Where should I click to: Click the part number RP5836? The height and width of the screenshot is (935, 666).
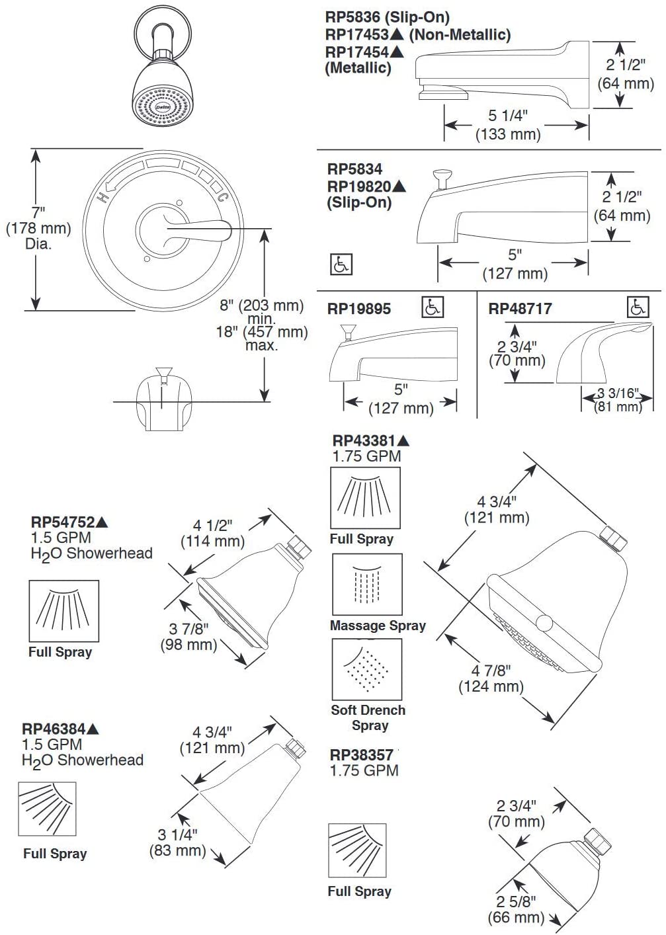tap(354, 18)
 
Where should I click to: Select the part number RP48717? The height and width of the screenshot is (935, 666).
tap(520, 309)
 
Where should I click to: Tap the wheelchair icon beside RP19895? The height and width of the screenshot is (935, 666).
tap(433, 307)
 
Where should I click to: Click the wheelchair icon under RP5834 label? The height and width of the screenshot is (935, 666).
tap(341, 264)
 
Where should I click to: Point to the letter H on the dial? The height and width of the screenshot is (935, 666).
tap(103, 197)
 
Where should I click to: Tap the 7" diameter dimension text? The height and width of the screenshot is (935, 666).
tap(38, 213)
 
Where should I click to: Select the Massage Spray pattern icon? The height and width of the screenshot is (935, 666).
tap(367, 585)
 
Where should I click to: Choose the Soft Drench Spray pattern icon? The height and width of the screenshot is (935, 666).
tap(367, 669)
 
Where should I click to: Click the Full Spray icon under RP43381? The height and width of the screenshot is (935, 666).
tap(365, 498)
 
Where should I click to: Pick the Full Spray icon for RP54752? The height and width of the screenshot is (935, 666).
tap(64, 611)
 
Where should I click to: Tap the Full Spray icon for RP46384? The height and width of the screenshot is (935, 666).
tap(47, 809)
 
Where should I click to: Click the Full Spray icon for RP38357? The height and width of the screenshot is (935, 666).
tap(357, 850)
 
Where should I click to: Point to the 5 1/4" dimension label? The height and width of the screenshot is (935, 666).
tap(508, 116)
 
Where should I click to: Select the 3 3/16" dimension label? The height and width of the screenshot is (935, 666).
tap(618, 393)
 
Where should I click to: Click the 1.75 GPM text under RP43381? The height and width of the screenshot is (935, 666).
tap(366, 456)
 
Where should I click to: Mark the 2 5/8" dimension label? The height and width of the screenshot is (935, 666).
tap(517, 901)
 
